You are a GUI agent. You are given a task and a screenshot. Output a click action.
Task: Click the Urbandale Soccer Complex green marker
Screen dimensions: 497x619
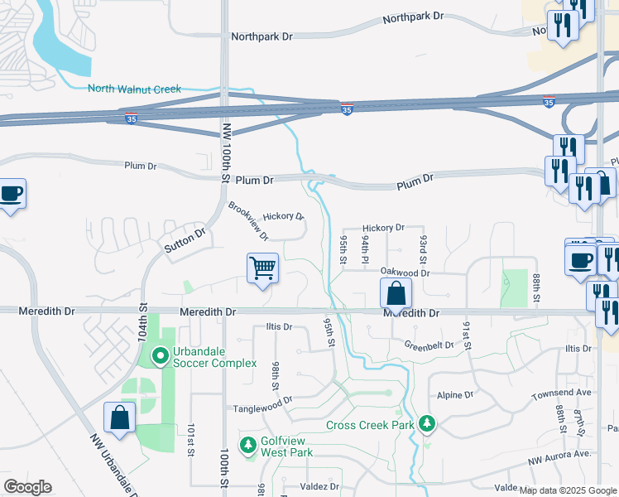click(160, 357)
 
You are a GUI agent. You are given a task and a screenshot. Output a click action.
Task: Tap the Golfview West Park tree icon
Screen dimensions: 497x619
click(247, 446)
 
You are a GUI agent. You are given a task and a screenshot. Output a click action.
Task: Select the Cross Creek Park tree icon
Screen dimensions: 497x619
click(427, 424)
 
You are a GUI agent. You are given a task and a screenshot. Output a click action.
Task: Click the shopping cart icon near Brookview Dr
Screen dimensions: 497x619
click(262, 268)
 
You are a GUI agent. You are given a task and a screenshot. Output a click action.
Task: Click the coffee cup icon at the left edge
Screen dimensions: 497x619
click(10, 194)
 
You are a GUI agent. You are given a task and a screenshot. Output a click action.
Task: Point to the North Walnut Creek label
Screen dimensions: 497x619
click(133, 89)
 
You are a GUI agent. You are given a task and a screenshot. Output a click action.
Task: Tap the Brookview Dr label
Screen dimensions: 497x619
click(249, 221)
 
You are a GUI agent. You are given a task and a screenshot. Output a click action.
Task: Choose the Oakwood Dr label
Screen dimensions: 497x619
click(405, 272)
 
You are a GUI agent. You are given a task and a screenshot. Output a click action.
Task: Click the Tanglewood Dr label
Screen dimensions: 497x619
click(263, 401)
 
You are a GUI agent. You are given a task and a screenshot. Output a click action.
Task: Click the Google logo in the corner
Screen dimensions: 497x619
click(27, 487)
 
